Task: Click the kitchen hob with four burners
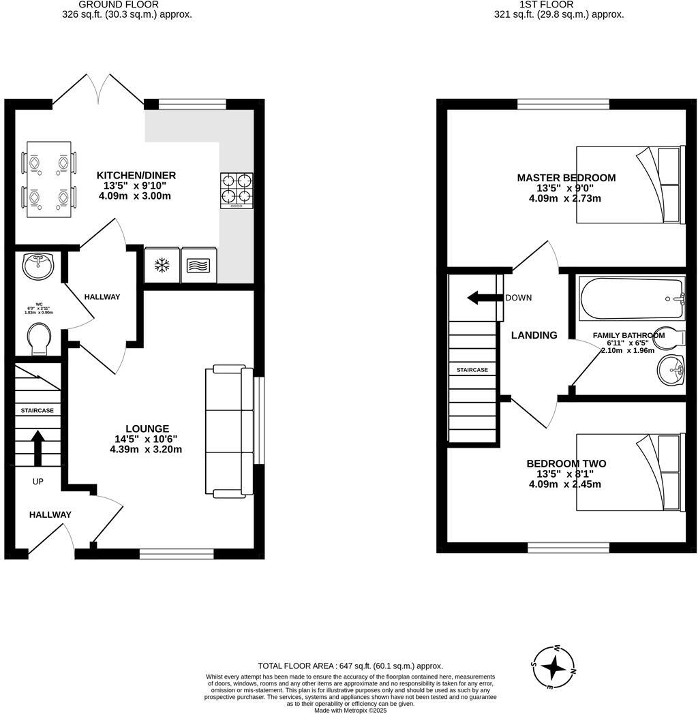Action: click(x=236, y=190)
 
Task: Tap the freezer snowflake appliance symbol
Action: click(x=162, y=265)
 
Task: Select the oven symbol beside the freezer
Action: click(x=199, y=265)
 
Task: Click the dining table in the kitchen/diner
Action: click(x=48, y=180)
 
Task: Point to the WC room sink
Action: click(x=38, y=266)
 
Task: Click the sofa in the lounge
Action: click(x=229, y=430)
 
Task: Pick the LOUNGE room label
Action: click(x=142, y=429)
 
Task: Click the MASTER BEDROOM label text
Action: click(x=566, y=178)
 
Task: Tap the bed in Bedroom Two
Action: click(x=628, y=472)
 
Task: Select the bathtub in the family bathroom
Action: click(x=631, y=298)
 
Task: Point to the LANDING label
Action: click(x=534, y=335)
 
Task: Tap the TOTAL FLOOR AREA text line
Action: click(x=350, y=666)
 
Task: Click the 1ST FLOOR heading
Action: click(x=558, y=4)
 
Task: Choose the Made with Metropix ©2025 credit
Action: click(x=350, y=710)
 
